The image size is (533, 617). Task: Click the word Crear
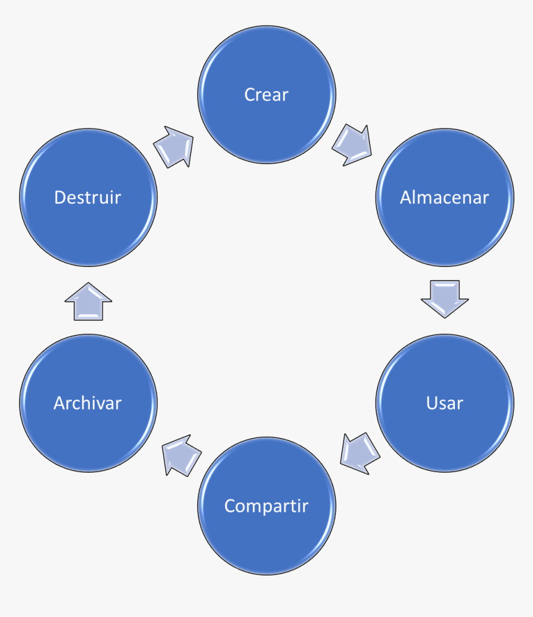(266, 95)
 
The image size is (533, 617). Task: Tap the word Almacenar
(444, 198)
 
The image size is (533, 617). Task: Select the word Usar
(444, 403)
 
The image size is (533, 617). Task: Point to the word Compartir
(266, 506)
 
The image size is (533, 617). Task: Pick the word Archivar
(87, 403)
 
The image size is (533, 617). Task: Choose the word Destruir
(87, 198)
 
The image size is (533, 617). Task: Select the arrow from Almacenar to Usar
(444, 299)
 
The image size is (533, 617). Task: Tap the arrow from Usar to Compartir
(360, 453)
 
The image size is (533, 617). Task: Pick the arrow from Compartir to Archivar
(182, 454)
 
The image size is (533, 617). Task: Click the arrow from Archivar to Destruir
(89, 302)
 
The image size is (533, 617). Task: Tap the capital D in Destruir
(60, 198)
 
